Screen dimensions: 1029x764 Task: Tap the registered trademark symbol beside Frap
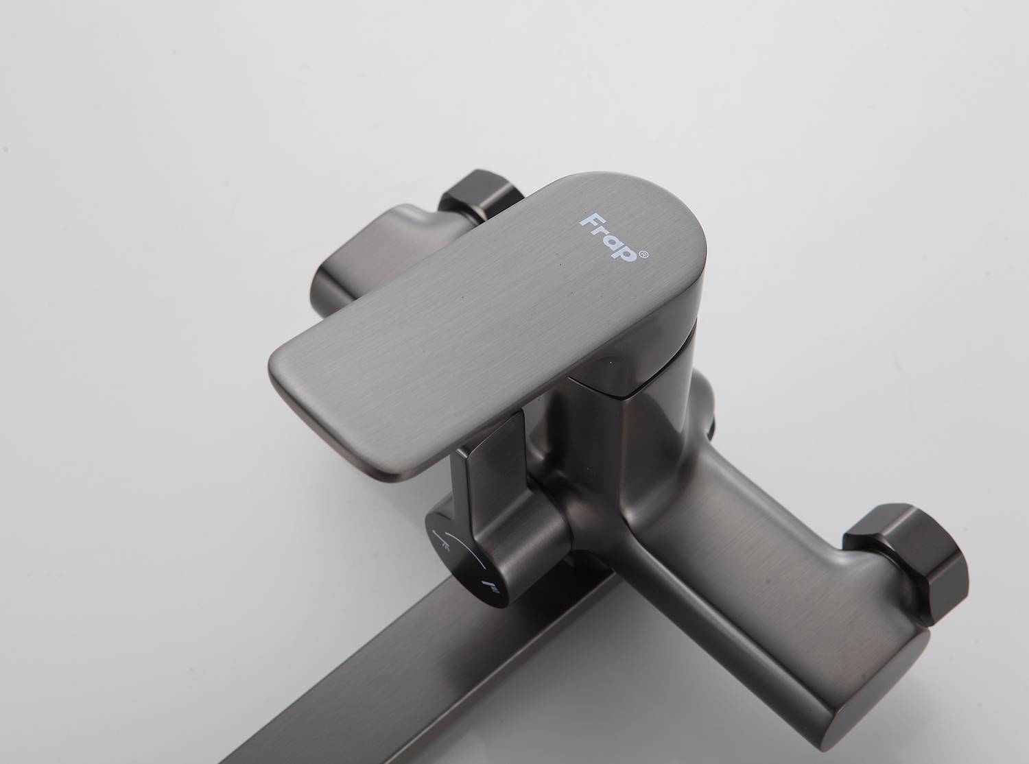pyautogui.click(x=643, y=254)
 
